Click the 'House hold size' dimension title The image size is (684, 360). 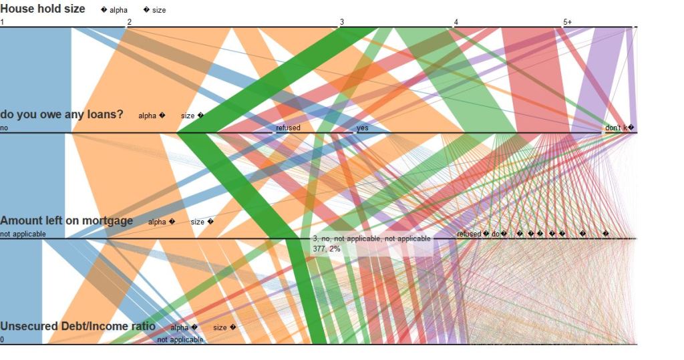[43, 9]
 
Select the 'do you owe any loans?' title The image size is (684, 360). [61, 114]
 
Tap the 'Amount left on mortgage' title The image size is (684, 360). [66, 220]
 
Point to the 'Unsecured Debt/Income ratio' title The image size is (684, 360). [77, 326]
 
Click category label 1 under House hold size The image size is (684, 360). [3, 23]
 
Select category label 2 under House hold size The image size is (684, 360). [130, 23]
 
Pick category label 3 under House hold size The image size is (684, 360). [342, 23]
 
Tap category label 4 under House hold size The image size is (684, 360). [456, 23]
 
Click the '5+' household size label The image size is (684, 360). [567, 23]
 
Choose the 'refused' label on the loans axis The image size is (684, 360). [288, 128]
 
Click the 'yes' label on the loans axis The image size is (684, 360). [363, 128]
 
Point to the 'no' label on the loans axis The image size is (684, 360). [4, 128]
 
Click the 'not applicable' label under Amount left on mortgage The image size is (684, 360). [23, 234]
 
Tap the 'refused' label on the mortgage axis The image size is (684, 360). [469, 234]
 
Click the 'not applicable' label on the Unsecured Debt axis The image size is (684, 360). [180, 340]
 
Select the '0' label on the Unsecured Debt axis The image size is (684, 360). [3, 340]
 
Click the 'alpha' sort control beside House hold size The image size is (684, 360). [114, 11]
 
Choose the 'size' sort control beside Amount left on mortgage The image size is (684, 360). [201, 222]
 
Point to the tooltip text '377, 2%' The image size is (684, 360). [326, 248]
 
